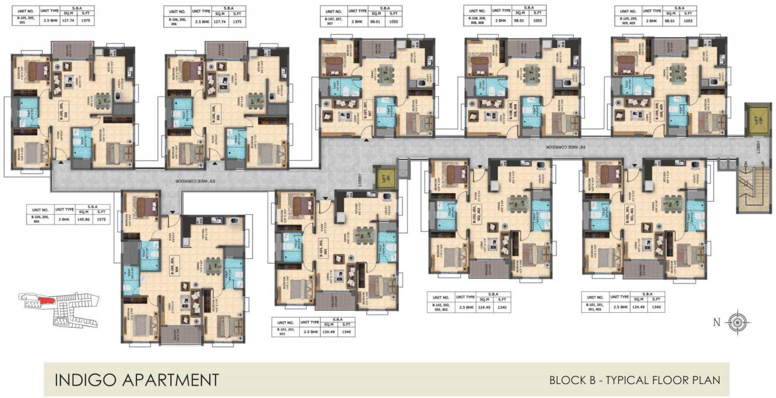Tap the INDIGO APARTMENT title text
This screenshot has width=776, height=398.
tap(136, 380)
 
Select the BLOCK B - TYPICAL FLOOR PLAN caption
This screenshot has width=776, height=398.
tap(635, 380)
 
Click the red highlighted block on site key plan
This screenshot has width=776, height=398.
tap(46, 301)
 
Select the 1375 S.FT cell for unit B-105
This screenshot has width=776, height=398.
tap(102, 21)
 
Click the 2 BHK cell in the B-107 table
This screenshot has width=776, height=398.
tap(357, 20)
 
